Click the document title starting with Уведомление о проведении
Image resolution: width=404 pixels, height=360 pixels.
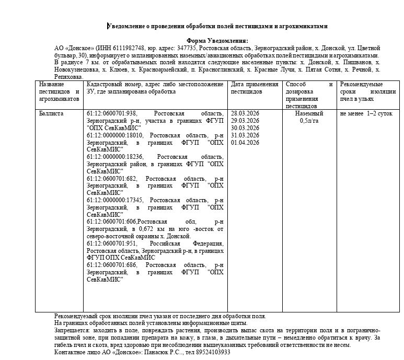217,26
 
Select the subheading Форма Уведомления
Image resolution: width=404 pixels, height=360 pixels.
217,41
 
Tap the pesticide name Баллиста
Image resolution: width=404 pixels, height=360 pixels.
51,113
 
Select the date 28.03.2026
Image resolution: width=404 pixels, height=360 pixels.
245,113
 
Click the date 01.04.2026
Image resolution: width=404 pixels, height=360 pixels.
245,143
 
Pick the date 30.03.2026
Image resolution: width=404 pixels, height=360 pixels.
245,128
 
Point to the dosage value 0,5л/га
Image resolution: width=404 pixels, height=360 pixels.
309,121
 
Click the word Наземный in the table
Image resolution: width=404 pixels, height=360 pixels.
309,113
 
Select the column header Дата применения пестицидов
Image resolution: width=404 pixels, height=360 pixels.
255,88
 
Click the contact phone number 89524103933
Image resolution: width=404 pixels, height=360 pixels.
211,352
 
